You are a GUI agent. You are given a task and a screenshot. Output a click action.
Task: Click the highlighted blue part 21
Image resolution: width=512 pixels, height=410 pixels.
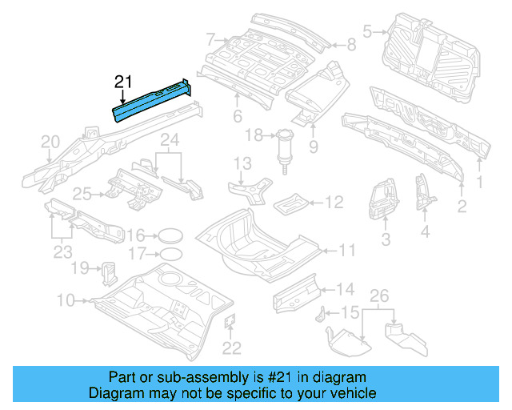point(152,100)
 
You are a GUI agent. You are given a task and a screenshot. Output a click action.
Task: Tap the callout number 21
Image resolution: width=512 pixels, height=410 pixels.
point(122,80)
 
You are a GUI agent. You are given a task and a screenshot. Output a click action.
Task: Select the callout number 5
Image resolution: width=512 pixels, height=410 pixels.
point(368,32)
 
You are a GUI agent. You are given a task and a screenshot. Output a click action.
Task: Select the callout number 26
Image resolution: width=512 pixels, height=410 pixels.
point(381,296)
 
